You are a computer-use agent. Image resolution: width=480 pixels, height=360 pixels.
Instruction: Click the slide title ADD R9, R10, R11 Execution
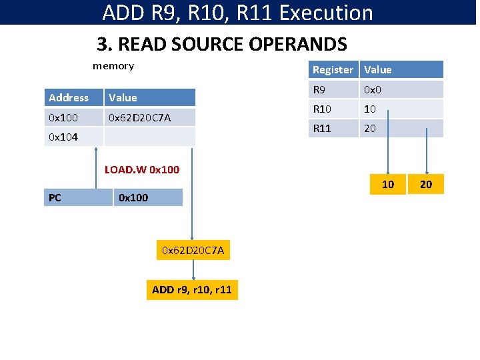238,13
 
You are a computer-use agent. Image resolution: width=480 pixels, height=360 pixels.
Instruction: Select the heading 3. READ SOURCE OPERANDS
222,45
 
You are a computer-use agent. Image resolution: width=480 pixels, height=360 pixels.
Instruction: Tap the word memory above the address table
113,65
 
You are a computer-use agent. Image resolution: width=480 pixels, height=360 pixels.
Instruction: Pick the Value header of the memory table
150,97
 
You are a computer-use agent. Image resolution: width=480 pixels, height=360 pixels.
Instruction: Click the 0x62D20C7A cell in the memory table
150,117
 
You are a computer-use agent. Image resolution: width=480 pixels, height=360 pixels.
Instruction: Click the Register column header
333,69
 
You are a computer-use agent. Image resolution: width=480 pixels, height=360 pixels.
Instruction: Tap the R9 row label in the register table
333,89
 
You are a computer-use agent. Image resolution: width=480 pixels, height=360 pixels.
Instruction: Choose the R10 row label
333,109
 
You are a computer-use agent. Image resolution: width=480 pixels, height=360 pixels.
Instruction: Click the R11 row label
333,128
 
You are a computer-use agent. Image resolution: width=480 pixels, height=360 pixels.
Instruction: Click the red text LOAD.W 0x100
142,169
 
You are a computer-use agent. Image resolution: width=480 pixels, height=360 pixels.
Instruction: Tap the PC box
78,197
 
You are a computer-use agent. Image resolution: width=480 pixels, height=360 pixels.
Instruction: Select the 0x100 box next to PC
147,197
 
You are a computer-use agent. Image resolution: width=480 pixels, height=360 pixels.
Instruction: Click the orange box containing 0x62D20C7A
193,251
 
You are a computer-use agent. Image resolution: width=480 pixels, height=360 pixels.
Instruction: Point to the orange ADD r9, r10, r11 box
192,289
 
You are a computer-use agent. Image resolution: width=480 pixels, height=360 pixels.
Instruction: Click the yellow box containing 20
426,184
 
